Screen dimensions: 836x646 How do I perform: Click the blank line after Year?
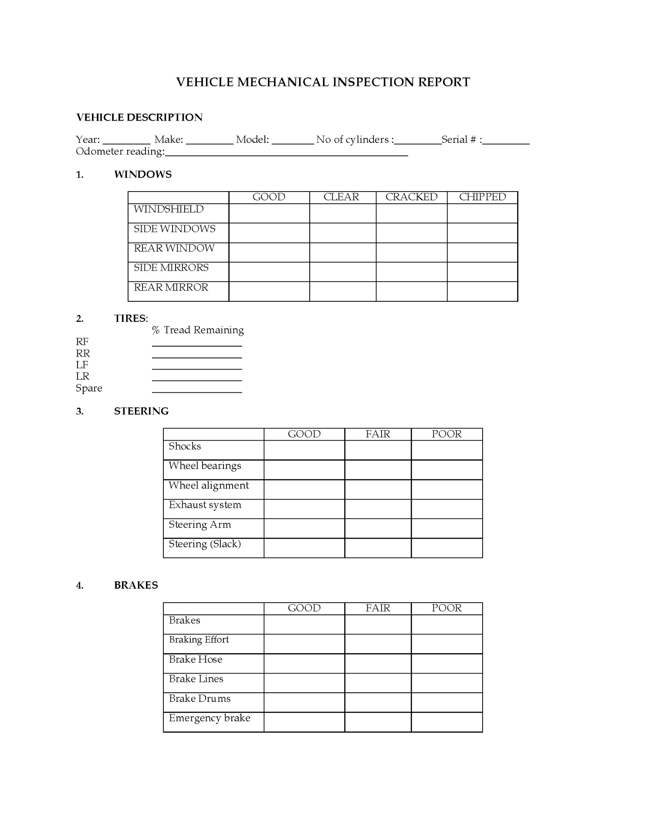pos(126,141)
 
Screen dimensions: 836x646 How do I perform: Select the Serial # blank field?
pos(506,141)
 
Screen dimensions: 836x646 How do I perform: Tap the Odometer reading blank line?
pos(286,152)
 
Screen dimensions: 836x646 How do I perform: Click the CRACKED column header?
pos(411,197)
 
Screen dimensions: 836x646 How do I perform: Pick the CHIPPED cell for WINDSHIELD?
pos(482,213)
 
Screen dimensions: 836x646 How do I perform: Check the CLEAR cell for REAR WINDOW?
pos(342,253)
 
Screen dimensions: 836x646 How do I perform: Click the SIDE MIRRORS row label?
pos(171,268)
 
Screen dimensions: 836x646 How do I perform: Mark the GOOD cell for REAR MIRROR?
pos(269,291)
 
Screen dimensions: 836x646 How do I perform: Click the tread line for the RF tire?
pos(197,344)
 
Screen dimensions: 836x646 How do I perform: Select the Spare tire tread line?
pos(197,390)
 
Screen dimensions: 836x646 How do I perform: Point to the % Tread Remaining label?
pos(198,330)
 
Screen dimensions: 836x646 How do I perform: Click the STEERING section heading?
pos(141,411)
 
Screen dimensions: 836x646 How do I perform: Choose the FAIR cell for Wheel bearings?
pos(378,470)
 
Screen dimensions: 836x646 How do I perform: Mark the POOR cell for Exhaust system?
pos(446,509)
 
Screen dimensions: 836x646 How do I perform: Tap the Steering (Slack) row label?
pos(205,544)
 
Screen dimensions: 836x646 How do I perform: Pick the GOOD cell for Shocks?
pos(304,450)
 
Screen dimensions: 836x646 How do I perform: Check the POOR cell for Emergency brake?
pos(446,722)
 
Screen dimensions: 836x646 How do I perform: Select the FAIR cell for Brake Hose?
pos(378,664)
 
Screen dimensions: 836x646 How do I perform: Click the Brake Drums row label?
pos(200,699)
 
